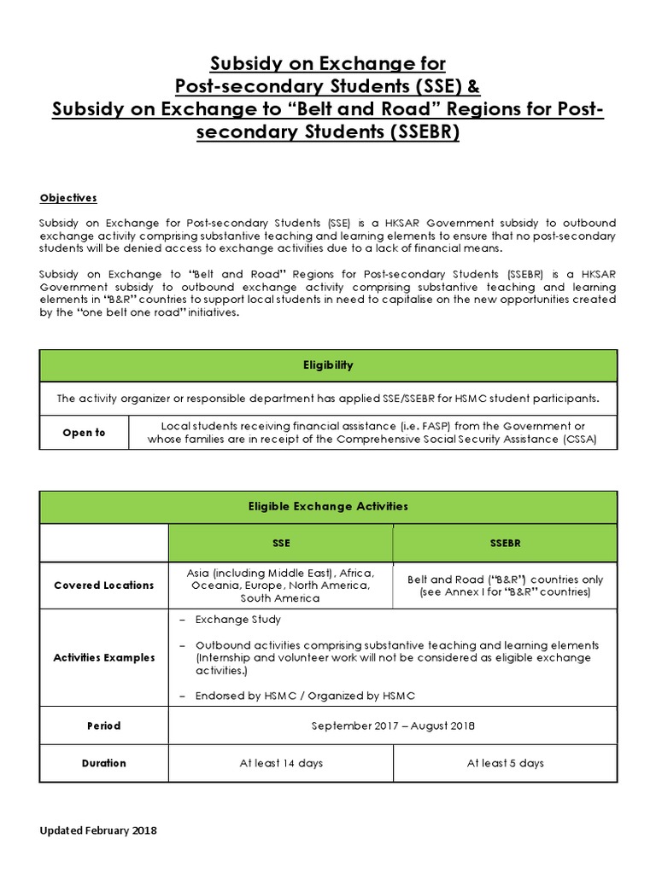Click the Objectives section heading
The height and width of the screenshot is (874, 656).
68,198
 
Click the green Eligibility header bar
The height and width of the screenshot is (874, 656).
328,364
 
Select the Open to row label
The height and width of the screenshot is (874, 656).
84,433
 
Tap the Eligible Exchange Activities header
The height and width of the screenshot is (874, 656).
328,506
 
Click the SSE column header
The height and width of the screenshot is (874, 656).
280,543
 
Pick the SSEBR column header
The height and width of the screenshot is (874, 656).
505,543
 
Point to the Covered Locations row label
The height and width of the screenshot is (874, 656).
103,585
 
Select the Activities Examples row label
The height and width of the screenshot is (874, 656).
103,657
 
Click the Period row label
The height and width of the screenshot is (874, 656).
103,725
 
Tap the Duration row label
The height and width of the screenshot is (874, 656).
103,763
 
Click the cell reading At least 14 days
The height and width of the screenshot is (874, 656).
280,763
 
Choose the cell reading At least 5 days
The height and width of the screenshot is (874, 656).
505,763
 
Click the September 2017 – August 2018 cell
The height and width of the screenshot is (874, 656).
392,725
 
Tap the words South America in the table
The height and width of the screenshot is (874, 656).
280,598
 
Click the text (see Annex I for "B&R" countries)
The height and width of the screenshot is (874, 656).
505,591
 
